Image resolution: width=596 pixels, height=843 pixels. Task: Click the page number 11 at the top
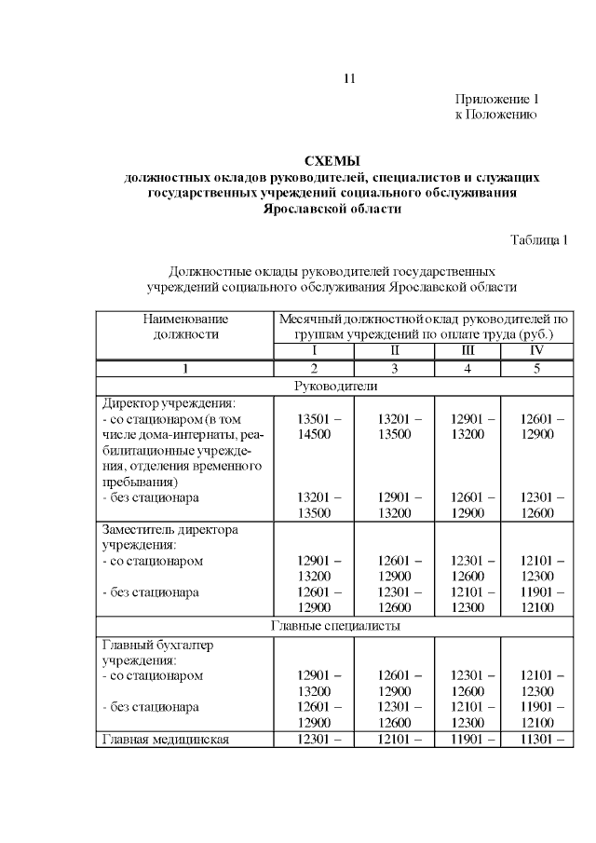349,78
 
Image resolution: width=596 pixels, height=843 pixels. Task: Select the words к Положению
495,114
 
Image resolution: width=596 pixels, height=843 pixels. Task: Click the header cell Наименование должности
185,325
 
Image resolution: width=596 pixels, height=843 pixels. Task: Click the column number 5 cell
536,368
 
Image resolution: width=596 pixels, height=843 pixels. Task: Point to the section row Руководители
335,386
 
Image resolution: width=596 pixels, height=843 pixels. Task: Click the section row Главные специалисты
335,626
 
